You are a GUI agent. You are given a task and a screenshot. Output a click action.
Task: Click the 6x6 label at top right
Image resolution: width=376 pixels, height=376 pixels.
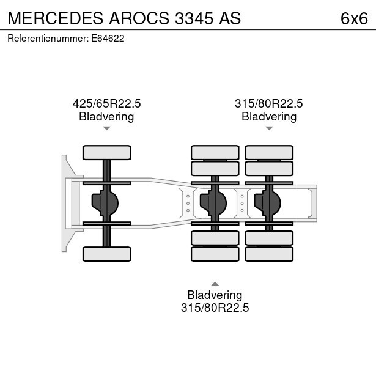[354, 19]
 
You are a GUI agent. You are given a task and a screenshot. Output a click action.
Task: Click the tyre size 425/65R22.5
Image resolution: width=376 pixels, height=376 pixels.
[106, 104]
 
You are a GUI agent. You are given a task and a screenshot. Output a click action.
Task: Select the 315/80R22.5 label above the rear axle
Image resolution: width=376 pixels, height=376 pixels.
[268, 104]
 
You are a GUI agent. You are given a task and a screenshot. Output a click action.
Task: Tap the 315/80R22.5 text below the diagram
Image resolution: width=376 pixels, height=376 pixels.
[215, 308]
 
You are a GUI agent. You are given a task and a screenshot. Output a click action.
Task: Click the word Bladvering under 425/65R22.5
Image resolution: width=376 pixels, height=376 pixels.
[106, 116]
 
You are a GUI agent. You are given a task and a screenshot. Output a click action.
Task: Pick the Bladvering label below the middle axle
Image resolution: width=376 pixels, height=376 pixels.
[215, 295]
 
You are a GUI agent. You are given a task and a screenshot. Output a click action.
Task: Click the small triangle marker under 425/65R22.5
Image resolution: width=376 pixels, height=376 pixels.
[106, 128]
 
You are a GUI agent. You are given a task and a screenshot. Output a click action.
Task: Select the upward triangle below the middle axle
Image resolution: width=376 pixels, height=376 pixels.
[215, 283]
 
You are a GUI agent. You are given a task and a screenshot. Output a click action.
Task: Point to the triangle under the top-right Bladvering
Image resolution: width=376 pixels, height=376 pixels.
[269, 128]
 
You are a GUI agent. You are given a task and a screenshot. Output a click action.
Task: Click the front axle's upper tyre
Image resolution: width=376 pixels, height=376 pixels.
[106, 152]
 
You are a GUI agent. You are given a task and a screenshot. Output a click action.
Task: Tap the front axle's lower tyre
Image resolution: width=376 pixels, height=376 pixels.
[106, 253]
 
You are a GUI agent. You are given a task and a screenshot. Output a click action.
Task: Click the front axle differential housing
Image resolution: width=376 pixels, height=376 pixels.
[105, 202]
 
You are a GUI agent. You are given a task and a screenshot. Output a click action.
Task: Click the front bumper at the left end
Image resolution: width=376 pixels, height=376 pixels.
[64, 202]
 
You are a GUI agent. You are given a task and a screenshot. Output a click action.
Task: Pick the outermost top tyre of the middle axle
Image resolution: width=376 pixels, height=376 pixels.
[215, 152]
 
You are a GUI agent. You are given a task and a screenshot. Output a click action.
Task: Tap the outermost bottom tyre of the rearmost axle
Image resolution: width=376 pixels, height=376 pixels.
[269, 253]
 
